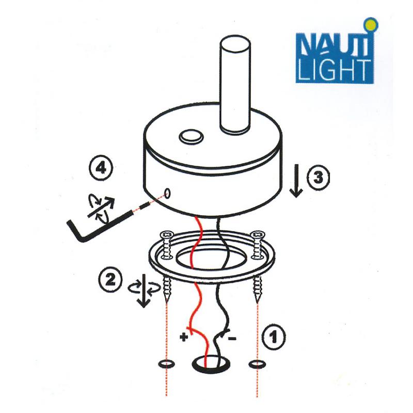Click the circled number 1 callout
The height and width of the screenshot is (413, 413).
[x=274, y=338]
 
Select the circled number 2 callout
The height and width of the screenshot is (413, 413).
[x=110, y=279]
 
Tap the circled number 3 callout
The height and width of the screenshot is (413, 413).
[x=319, y=177]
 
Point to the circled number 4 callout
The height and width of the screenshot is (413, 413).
[x=101, y=168]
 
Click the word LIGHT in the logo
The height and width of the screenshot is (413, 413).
[x=335, y=70]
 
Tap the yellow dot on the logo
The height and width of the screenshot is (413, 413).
[x=371, y=25]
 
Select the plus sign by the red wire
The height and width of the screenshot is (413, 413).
[x=184, y=337]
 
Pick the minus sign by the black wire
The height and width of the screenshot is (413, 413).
[x=232, y=338]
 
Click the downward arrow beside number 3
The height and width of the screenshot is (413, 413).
[x=296, y=181]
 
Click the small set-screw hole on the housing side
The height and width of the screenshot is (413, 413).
[x=167, y=194]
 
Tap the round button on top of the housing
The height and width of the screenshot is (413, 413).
[x=191, y=137]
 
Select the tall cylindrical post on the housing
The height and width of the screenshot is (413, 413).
[x=235, y=84]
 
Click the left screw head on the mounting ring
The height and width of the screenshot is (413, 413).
[x=167, y=234]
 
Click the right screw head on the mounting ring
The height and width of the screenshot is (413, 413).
[x=258, y=234]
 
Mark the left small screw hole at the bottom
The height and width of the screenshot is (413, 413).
[x=166, y=364]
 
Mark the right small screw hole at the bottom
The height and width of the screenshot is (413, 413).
[x=257, y=364]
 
